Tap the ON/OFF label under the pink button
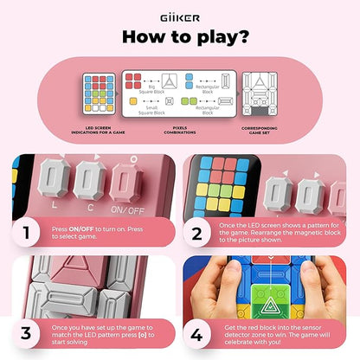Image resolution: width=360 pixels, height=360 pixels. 135,209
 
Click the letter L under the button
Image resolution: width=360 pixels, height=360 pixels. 55,209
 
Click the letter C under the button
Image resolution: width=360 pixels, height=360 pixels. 92,209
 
